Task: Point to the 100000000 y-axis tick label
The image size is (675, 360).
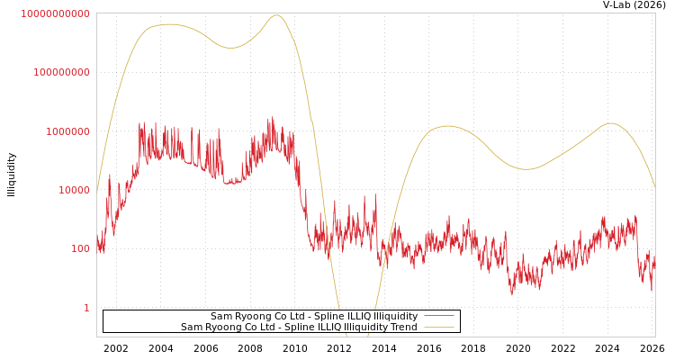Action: pyautogui.click(x=61, y=72)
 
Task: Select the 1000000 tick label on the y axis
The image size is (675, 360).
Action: pyautogui.click(x=67, y=131)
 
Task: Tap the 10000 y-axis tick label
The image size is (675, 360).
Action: pyautogui.click(x=74, y=190)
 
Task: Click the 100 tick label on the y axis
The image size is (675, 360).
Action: pyautogui.click(x=80, y=248)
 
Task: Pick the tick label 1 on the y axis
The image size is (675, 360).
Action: pyautogui.click(x=86, y=308)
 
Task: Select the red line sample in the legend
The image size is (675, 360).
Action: pyautogui.click(x=438, y=317)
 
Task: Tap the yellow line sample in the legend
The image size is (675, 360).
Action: pyautogui.click(x=438, y=328)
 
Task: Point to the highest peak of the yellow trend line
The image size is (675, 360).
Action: pyautogui.click(x=276, y=15)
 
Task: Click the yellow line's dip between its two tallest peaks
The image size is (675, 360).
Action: pyautogui.click(x=232, y=48)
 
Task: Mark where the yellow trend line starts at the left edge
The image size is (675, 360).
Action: pyautogui.click(x=97, y=189)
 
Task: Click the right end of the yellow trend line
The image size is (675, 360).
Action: pyautogui.click(x=654, y=187)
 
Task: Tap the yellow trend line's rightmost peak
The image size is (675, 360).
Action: pyautogui.click(x=611, y=123)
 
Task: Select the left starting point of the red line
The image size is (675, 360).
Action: pyautogui.click(x=97, y=241)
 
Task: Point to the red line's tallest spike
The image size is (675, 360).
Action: pyautogui.click(x=272, y=117)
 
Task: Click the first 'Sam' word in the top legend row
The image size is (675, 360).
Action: pyautogui.click(x=220, y=317)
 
